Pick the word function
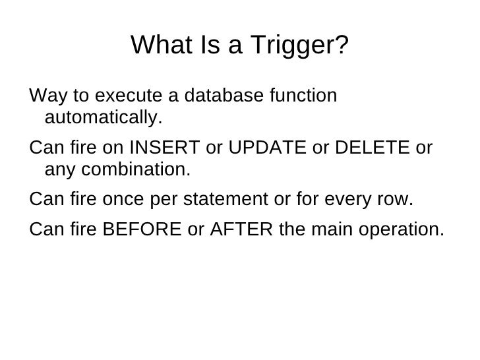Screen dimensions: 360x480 coord(305,96)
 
